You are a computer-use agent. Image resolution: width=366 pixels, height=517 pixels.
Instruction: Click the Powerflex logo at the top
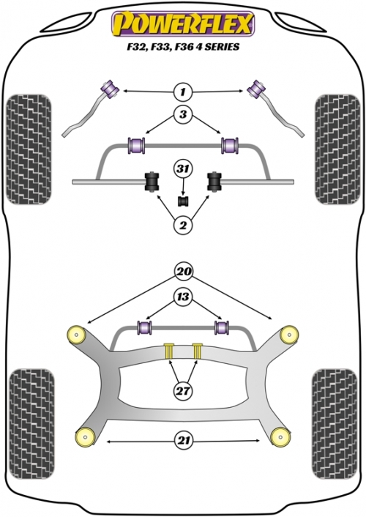[183, 23]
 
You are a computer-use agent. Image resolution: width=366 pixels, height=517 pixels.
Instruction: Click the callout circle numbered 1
[183, 92]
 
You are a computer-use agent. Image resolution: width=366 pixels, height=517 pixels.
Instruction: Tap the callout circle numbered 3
[183, 114]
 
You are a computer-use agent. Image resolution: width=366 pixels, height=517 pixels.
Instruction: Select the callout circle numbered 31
[183, 169]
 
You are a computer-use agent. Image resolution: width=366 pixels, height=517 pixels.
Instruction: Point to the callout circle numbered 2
[183, 226]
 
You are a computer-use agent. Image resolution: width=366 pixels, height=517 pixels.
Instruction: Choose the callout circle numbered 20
[184, 272]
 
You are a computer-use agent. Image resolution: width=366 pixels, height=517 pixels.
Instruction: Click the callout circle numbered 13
[183, 297]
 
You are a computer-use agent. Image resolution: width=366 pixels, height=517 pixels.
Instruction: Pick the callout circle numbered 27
[183, 391]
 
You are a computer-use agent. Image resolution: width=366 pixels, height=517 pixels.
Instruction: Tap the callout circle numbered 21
[184, 441]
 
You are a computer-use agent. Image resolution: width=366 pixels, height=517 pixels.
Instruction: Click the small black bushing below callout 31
[183, 201]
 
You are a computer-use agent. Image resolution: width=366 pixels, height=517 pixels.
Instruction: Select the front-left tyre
[29, 149]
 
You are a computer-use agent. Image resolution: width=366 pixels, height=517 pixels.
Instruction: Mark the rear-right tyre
[335, 424]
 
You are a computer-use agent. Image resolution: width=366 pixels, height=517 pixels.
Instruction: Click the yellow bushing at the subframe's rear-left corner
[85, 437]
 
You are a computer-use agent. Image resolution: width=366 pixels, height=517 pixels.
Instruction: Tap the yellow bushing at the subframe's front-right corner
[289, 335]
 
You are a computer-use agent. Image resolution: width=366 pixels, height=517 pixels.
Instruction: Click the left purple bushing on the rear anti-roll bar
[144, 327]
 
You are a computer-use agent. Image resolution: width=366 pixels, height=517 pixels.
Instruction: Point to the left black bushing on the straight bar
[152, 181]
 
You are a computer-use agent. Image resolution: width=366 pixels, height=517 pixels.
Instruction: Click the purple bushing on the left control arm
[110, 89]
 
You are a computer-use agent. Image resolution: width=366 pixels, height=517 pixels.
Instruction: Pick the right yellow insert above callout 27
[197, 351]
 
